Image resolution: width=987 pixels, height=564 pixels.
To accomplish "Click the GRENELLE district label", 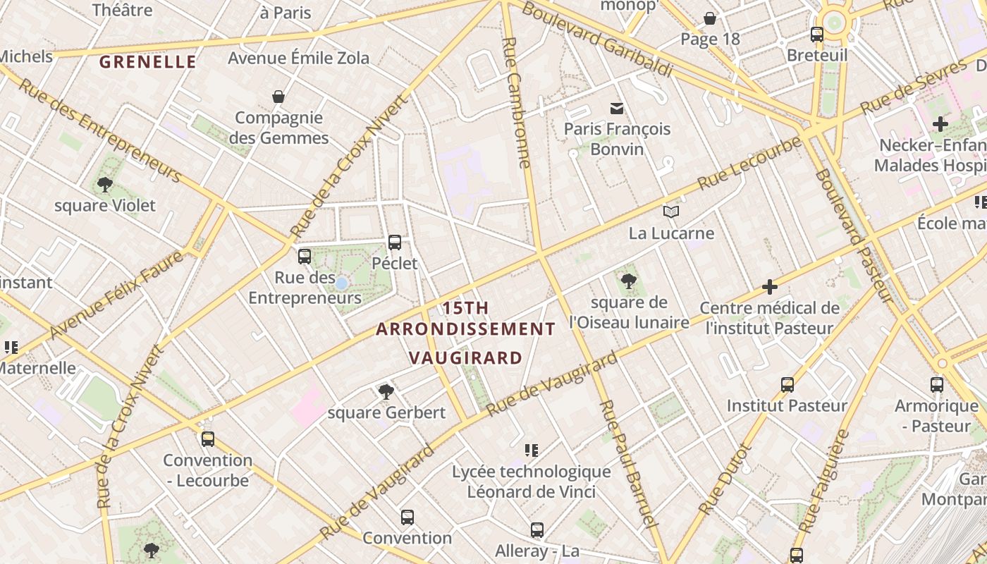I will click(x=147, y=62).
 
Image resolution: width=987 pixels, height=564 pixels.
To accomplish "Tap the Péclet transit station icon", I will click(x=395, y=243).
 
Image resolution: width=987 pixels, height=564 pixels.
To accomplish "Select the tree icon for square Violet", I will click(x=105, y=185).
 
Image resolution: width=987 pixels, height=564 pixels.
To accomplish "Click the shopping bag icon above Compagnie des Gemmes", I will click(x=278, y=97).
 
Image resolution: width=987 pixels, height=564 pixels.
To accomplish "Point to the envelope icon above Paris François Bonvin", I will click(x=617, y=108).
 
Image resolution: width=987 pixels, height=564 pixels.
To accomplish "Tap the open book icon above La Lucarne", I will click(x=671, y=211).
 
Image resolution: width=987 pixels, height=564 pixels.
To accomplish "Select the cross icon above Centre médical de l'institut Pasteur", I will click(x=770, y=287).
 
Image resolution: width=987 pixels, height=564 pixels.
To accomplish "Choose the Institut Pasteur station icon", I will click(x=787, y=385).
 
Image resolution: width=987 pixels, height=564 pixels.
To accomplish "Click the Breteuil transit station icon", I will click(x=817, y=34).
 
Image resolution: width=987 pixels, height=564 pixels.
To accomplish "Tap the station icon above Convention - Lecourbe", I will click(x=207, y=439).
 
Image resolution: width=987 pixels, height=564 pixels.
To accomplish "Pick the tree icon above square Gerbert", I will click(x=386, y=391).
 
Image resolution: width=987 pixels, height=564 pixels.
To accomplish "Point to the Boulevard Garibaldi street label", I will click(x=596, y=39).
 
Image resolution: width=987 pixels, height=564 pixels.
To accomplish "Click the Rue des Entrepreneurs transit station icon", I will click(x=305, y=257).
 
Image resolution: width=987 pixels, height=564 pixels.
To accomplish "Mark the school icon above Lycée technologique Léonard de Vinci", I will click(x=532, y=450).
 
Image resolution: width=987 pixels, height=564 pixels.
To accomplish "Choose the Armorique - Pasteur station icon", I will click(x=937, y=385).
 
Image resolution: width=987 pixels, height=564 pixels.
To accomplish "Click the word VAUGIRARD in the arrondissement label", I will click(x=466, y=358).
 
